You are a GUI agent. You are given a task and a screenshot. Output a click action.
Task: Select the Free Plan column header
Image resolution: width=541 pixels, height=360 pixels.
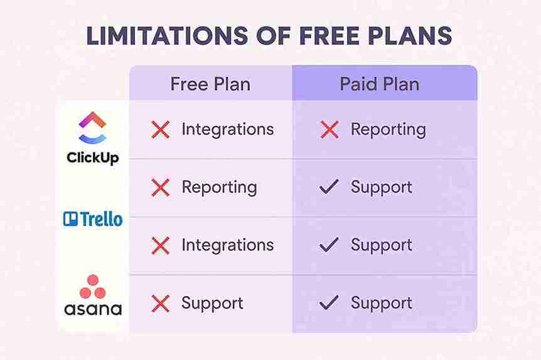point(210,84)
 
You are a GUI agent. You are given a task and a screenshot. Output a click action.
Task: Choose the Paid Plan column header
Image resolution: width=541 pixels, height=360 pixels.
point(380,84)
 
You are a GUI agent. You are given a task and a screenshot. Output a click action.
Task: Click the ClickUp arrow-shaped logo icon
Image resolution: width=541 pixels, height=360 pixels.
point(93,128)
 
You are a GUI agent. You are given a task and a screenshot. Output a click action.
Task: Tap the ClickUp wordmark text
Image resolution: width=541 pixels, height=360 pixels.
point(93,157)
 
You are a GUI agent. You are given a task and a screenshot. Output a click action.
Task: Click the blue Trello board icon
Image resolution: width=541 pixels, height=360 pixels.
point(70,219)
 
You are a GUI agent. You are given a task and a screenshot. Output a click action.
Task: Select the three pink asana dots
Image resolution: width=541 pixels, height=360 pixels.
point(93,288)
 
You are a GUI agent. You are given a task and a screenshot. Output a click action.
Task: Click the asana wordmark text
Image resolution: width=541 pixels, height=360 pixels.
point(93,309)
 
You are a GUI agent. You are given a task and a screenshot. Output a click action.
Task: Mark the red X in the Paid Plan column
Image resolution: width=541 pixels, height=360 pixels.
point(329,130)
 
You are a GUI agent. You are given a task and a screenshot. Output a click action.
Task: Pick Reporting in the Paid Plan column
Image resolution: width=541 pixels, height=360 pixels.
point(388,130)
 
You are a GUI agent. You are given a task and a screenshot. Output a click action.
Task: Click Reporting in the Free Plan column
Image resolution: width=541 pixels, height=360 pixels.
point(219,187)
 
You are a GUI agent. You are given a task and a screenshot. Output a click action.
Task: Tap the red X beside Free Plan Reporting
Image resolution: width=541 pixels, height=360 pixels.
point(161,188)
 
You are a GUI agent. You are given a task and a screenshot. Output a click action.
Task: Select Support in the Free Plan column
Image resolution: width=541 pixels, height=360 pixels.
point(212,303)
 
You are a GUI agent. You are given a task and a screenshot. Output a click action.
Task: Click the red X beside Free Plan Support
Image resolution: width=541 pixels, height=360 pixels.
point(161,304)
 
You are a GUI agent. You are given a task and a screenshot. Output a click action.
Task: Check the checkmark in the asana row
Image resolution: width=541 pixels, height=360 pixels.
point(329,303)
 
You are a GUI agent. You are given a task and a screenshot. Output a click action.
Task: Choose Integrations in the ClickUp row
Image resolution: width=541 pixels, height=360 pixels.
point(227,129)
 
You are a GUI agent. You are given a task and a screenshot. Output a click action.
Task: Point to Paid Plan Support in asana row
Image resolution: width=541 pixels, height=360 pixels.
point(381,303)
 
